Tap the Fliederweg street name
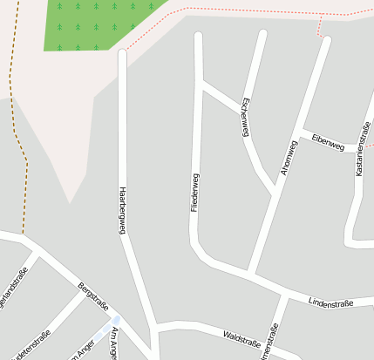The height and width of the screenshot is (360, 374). click(x=195, y=193)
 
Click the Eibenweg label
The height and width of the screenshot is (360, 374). click(x=327, y=142)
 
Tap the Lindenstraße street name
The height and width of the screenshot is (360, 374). click(x=330, y=302)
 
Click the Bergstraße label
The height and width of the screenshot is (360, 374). click(x=92, y=295)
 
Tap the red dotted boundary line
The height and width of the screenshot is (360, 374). click(x=244, y=10)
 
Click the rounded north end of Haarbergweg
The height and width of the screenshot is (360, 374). click(x=122, y=54)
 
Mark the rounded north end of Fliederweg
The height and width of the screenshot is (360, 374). click(x=199, y=37)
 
